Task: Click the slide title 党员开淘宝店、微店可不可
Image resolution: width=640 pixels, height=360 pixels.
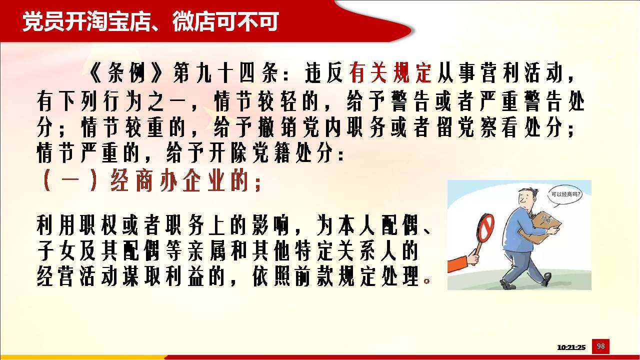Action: click(x=150, y=21)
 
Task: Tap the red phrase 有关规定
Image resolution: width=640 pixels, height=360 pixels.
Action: click(x=390, y=72)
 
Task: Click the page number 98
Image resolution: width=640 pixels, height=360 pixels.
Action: click(x=600, y=346)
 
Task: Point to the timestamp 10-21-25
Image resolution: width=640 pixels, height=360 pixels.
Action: click(x=571, y=347)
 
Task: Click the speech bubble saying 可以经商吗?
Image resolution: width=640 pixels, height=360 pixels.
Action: click(x=564, y=195)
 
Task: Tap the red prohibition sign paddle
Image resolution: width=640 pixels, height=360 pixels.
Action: click(x=484, y=228)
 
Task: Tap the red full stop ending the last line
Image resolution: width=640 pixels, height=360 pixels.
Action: click(x=427, y=281)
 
